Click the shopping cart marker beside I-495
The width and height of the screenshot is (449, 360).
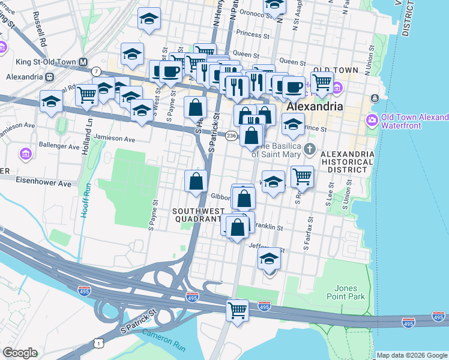(x=238, y=311)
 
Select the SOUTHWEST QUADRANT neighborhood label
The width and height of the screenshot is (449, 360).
(x=197, y=215)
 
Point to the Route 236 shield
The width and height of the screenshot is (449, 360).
(x=231, y=136)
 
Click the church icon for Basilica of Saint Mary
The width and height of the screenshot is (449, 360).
(x=309, y=148)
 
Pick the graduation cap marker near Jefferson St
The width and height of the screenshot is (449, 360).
(x=270, y=260)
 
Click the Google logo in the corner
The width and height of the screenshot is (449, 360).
(x=20, y=353)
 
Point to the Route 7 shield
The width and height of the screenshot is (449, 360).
(x=96, y=71)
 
